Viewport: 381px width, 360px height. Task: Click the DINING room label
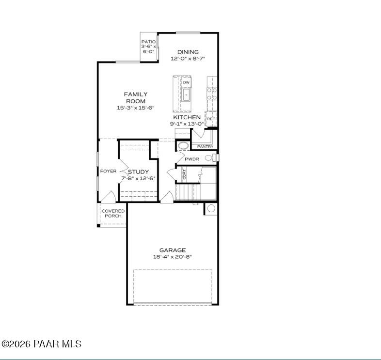tap(188, 52)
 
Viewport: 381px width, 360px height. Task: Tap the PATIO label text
tap(148, 42)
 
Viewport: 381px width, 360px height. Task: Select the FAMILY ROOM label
tap(135, 97)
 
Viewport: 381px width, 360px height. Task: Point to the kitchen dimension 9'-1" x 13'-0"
tap(187, 124)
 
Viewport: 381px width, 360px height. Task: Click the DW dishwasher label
tap(186, 83)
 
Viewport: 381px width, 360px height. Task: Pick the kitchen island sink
tap(187, 95)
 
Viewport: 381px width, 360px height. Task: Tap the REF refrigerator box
tap(211, 119)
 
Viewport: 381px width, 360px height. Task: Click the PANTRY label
tap(205, 146)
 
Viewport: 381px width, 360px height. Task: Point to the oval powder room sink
tap(183, 145)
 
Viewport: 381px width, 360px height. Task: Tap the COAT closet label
tap(184, 173)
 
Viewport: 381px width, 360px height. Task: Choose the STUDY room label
tap(138, 172)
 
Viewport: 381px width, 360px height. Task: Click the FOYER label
tap(108, 171)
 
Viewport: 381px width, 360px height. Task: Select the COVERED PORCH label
tap(112, 213)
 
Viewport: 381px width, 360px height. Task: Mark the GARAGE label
tap(172, 250)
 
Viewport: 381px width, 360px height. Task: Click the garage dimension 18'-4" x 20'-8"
tap(172, 257)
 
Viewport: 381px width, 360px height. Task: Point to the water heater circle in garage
tap(211, 209)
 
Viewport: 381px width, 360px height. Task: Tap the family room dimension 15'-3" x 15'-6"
tap(135, 108)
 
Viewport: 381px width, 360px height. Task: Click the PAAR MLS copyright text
tap(42, 344)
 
